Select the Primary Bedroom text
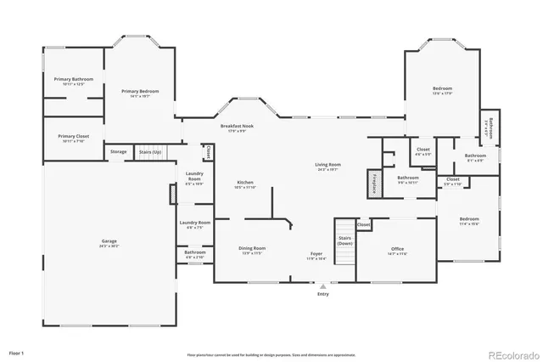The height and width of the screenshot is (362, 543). (139, 93)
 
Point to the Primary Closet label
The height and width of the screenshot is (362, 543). (74, 138)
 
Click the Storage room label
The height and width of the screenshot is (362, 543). (119, 152)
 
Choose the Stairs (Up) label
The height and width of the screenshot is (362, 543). (150, 152)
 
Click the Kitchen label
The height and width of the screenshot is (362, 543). (245, 183)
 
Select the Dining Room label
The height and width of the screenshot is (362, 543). (252, 249)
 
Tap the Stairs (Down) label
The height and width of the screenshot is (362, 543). (344, 240)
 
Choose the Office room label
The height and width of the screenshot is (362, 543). (396, 250)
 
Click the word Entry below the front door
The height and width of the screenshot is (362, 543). (322, 294)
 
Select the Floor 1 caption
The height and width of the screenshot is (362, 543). (17, 353)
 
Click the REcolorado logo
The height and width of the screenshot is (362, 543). (512, 354)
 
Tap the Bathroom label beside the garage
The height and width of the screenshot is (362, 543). (195, 253)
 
